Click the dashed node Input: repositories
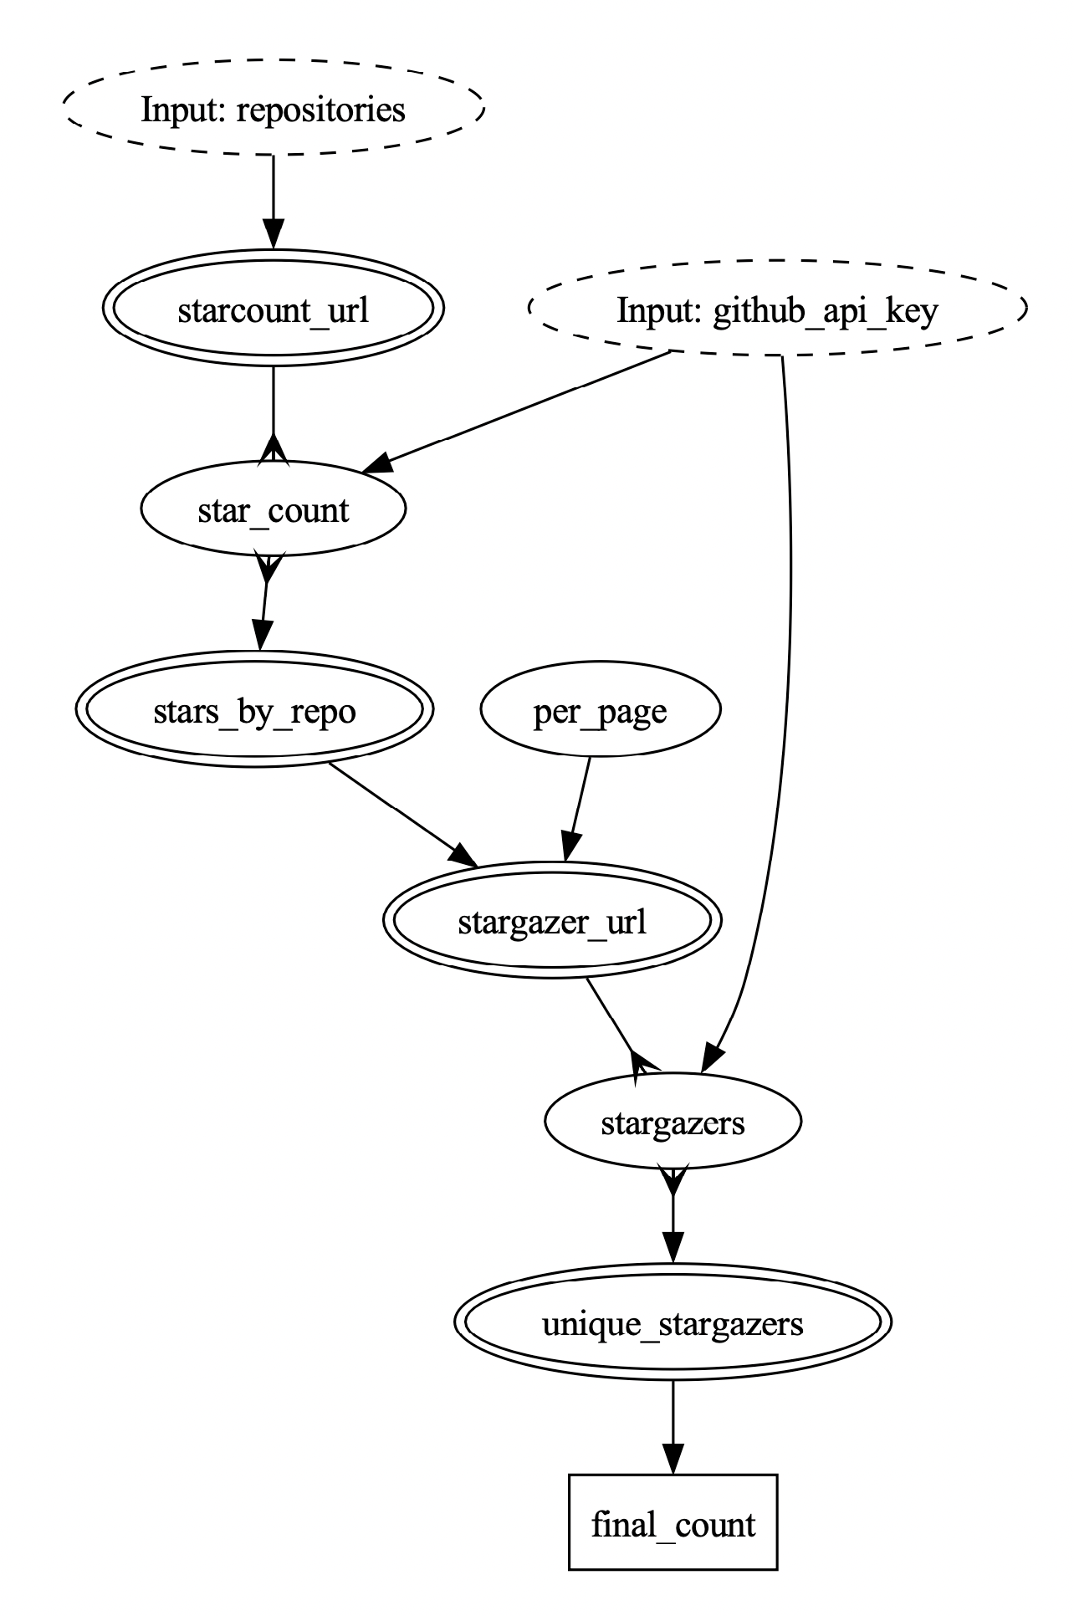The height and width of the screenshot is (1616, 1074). [274, 109]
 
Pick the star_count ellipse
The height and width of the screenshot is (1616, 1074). [274, 509]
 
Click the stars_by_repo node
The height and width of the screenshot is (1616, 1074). [254, 711]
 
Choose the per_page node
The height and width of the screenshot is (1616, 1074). [600, 711]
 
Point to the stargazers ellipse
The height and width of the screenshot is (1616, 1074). [673, 1122]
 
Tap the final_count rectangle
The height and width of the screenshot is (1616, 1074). [673, 1523]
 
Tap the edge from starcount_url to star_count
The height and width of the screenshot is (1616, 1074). [274, 410]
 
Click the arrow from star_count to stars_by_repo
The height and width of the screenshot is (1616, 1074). [264, 602]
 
